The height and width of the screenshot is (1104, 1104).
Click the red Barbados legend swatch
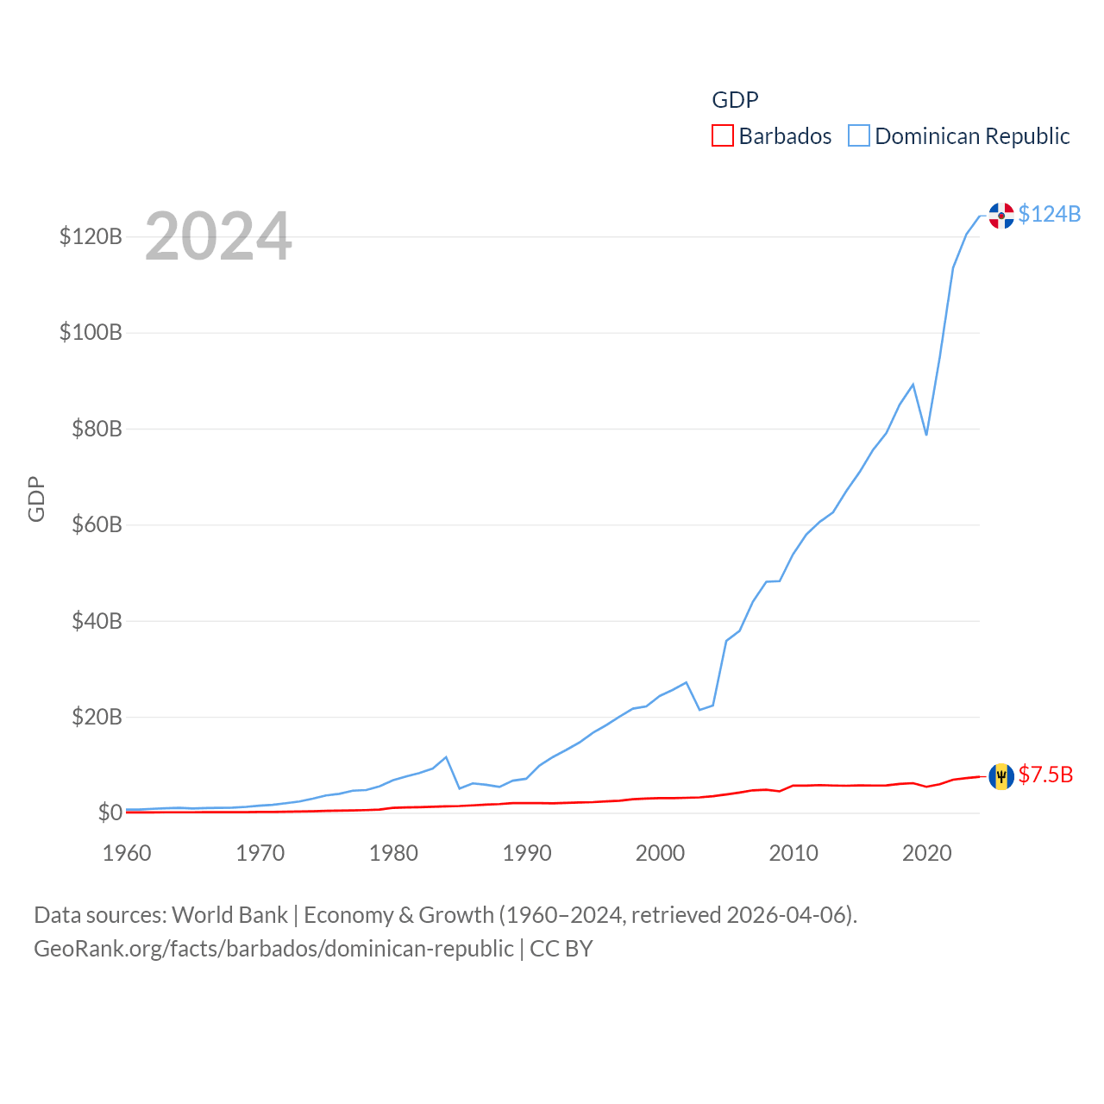pyautogui.click(x=723, y=136)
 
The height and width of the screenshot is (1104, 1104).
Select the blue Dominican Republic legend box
pyautogui.click(x=859, y=136)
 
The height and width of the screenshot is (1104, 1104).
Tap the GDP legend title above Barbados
pyautogui.click(x=735, y=100)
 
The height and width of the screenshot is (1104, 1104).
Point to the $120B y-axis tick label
pyautogui.click(x=91, y=236)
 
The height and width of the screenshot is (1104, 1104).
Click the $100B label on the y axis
pyautogui.click(x=91, y=332)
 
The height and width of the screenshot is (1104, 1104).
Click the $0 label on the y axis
pyautogui.click(x=110, y=812)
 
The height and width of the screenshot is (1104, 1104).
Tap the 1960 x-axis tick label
pyautogui.click(x=127, y=853)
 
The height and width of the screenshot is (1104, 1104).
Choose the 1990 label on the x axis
pyautogui.click(x=527, y=853)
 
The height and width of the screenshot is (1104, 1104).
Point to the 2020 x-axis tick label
pyautogui.click(x=927, y=853)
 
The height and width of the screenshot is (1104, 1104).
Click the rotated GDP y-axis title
pyautogui.click(x=36, y=499)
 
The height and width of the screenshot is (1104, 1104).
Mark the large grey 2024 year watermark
pyautogui.click(x=218, y=236)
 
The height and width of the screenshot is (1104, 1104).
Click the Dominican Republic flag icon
pyautogui.click(x=1001, y=216)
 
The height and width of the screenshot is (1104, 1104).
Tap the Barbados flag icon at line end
pyautogui.click(x=1001, y=776)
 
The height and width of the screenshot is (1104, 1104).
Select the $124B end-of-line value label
pyautogui.click(x=1049, y=214)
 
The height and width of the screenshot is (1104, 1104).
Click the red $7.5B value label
pyautogui.click(x=1045, y=775)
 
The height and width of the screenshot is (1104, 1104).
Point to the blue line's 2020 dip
pyautogui.click(x=926, y=434)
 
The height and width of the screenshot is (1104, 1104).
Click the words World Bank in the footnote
pyautogui.click(x=229, y=914)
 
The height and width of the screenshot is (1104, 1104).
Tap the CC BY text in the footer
pyautogui.click(x=561, y=949)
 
